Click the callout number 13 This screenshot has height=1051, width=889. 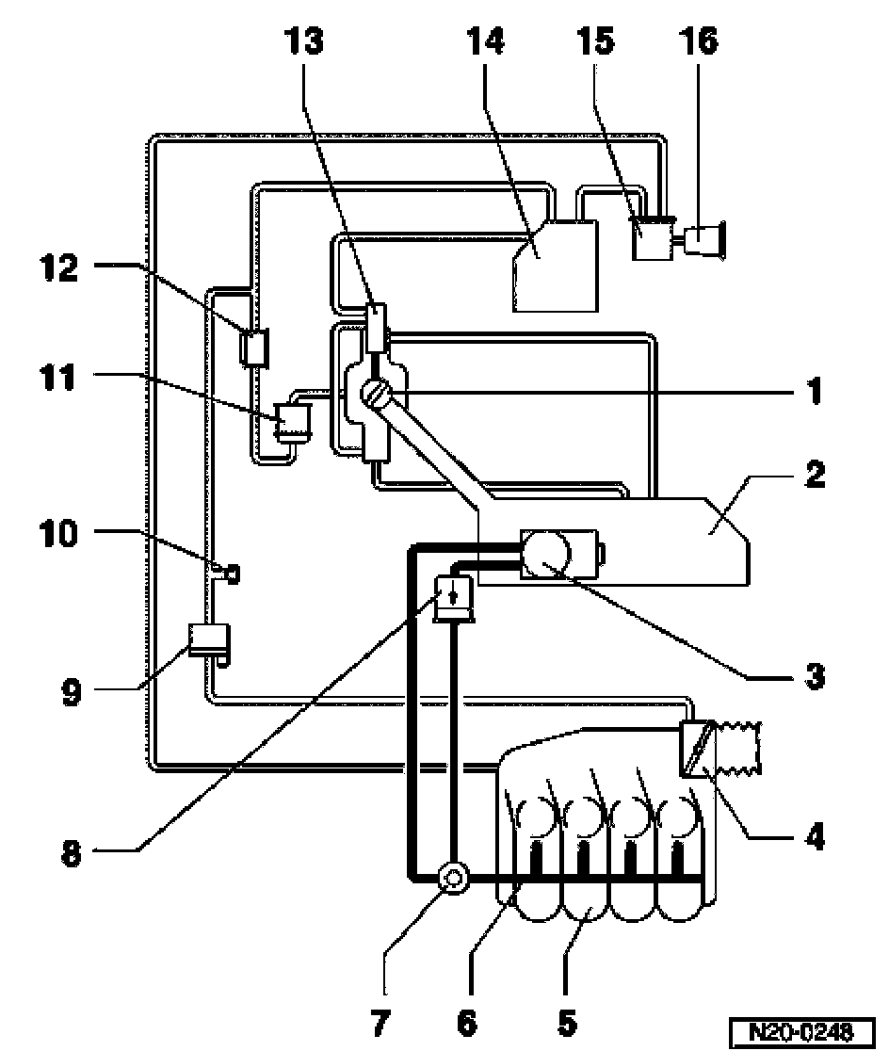click(x=303, y=40)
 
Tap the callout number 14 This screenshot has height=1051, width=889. click(x=485, y=40)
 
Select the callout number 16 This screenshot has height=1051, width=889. click(x=699, y=40)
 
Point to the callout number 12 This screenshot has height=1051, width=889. click(x=59, y=267)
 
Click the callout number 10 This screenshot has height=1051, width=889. click(x=59, y=534)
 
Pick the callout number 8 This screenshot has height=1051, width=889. click(x=71, y=854)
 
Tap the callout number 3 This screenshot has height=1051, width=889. click(x=815, y=675)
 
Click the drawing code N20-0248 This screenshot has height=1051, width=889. click(x=801, y=1030)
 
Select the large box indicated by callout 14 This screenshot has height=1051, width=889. click(x=555, y=267)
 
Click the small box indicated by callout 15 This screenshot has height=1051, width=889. click(x=653, y=238)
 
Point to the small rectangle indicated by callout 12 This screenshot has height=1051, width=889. click(x=255, y=348)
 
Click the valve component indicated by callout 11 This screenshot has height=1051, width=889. click(x=295, y=422)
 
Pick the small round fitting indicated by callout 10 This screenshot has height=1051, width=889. click(x=233, y=574)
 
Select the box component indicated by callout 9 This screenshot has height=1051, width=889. click(x=208, y=640)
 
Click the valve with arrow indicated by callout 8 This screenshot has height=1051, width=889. click(x=454, y=598)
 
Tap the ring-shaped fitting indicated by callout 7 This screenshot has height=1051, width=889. click(x=453, y=878)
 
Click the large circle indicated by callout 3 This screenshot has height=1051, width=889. click(x=546, y=554)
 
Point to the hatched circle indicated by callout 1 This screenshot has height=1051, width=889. click(x=375, y=393)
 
